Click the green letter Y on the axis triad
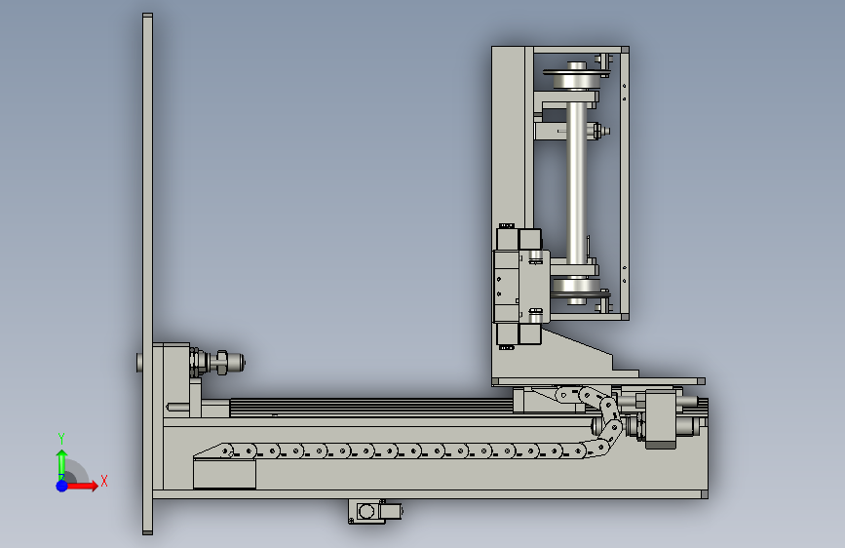(x=61, y=438)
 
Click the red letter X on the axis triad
(x=104, y=481)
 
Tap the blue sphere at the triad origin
(x=62, y=486)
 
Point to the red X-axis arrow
(x=81, y=486)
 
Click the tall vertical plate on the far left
(x=148, y=274)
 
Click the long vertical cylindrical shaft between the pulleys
(x=576, y=183)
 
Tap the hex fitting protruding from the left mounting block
(x=221, y=362)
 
